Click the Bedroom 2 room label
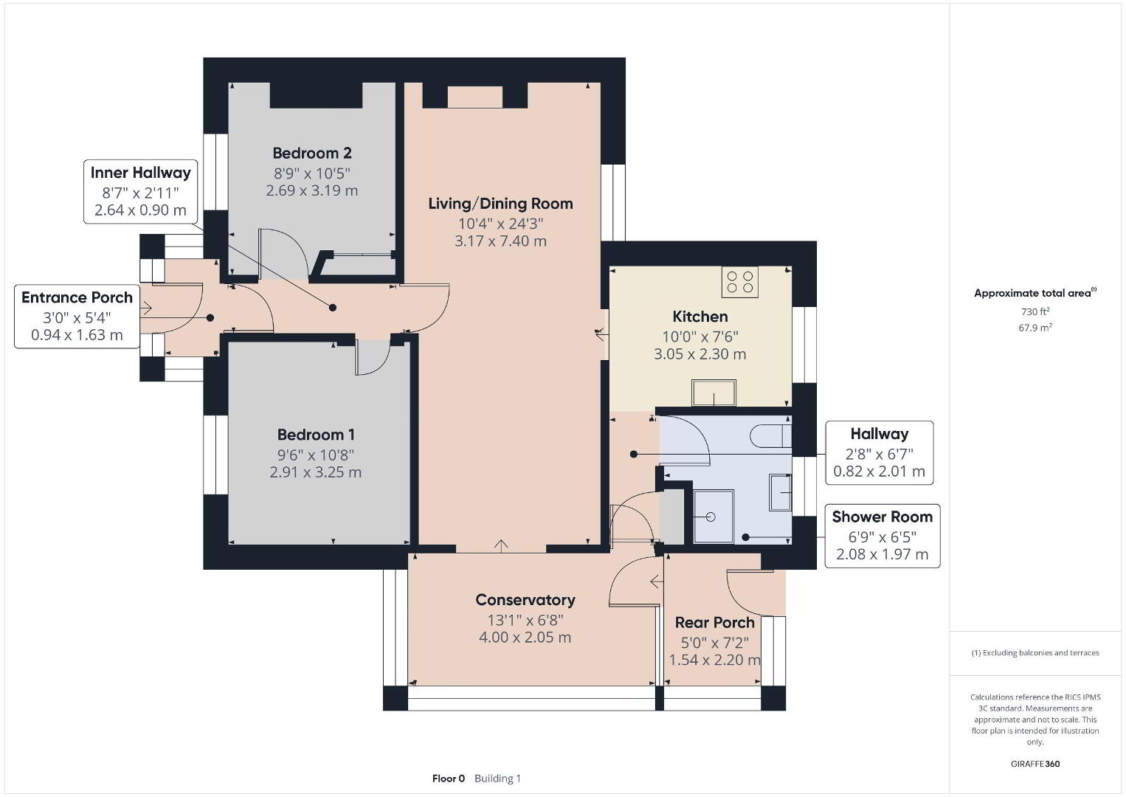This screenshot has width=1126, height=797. pos(311,153)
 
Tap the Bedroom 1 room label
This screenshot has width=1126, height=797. pos(316,435)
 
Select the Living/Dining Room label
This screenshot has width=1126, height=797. pos(501,204)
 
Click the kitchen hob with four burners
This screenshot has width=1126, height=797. pos(740,282)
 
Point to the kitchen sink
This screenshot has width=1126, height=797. pos(714,393)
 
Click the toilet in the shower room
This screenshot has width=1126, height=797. pos(770,436)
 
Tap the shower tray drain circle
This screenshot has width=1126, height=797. pos(711,517)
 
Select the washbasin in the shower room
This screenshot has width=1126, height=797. pos(781,492)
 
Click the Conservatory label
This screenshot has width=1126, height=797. pos(525,600)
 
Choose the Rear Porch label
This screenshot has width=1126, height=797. pos(714,623)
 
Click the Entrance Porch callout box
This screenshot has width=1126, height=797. pos(77,317)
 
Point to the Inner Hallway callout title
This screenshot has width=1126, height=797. pos(141,173)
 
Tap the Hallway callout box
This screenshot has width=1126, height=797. pos(880,452)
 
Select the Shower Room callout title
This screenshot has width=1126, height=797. pos(883,517)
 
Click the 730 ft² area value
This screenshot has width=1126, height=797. pos(1035,311)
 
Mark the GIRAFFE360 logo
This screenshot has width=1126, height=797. pos(1035,764)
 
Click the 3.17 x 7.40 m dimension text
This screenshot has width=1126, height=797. pos(501,241)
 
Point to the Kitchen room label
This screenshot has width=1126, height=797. pos(700,317)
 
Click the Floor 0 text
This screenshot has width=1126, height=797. pos(449,779)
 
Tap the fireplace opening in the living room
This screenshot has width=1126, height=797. pos(475,97)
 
